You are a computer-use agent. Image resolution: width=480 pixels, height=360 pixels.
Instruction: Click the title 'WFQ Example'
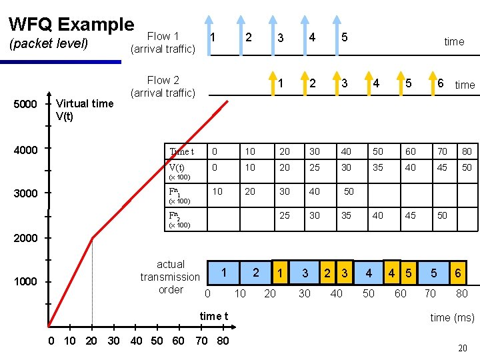click(x=71, y=25)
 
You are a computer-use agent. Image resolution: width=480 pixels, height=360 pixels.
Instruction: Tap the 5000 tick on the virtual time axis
click(x=26, y=105)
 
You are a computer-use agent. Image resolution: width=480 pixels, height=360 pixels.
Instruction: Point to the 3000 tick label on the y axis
click(x=26, y=193)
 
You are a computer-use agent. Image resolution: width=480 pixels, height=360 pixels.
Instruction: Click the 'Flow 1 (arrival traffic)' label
click(x=163, y=43)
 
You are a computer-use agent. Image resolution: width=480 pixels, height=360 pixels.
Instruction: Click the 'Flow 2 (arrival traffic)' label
click(x=163, y=87)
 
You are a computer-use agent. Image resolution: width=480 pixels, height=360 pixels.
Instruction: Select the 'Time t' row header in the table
click(x=182, y=151)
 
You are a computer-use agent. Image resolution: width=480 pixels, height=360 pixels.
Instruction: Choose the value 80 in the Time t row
click(x=466, y=151)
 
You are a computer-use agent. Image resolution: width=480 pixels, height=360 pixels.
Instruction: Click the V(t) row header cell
click(x=177, y=168)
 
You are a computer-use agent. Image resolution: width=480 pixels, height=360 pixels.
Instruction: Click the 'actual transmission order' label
click(x=170, y=277)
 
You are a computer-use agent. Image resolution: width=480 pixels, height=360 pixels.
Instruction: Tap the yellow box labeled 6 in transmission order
click(x=458, y=273)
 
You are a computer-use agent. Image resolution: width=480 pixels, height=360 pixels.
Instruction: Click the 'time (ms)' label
click(x=452, y=317)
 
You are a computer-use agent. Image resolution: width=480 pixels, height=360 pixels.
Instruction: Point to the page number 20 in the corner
click(x=462, y=348)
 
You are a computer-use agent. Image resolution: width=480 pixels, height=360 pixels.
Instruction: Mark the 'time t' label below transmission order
click(x=214, y=316)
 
